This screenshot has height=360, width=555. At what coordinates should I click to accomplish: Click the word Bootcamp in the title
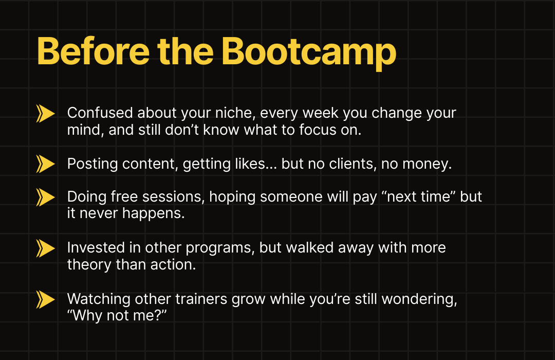click(309, 52)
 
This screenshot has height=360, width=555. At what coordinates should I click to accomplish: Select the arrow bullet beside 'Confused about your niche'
click(45, 113)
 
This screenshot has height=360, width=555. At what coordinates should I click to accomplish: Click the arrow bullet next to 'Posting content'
click(45, 164)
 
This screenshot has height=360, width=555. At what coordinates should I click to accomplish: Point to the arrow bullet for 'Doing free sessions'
click(45, 197)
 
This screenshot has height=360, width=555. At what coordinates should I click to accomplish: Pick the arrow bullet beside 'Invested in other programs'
click(45, 248)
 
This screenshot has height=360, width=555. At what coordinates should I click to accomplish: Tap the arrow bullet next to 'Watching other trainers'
click(45, 299)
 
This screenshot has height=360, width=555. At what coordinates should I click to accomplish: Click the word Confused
click(100, 113)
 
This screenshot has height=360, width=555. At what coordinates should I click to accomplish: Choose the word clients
click(353, 164)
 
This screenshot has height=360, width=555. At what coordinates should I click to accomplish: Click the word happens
click(153, 213)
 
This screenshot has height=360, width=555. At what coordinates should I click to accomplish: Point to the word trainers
click(201, 299)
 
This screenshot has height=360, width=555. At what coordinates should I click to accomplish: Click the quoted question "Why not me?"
click(117, 315)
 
